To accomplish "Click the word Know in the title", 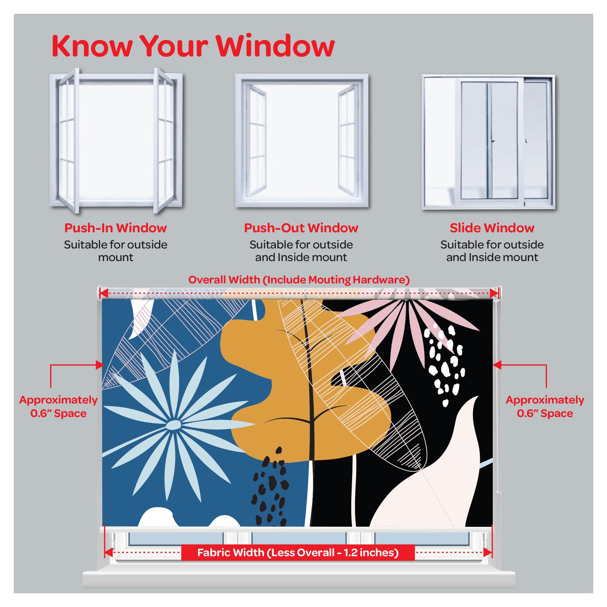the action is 92,46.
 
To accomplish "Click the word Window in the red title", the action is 275,46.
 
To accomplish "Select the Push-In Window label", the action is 116,228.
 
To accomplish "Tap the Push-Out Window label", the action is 301,228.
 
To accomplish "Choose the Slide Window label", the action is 492,228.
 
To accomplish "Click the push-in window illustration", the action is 116,140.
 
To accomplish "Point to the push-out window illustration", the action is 302,140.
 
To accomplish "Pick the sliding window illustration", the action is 488,142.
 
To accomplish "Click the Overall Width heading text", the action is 299,280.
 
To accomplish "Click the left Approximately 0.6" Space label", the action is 58,406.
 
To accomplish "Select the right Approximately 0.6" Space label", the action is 545,406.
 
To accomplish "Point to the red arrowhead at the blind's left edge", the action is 100,365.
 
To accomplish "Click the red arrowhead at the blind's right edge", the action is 497,365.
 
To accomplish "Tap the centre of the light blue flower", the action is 173,426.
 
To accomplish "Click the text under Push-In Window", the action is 116,251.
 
